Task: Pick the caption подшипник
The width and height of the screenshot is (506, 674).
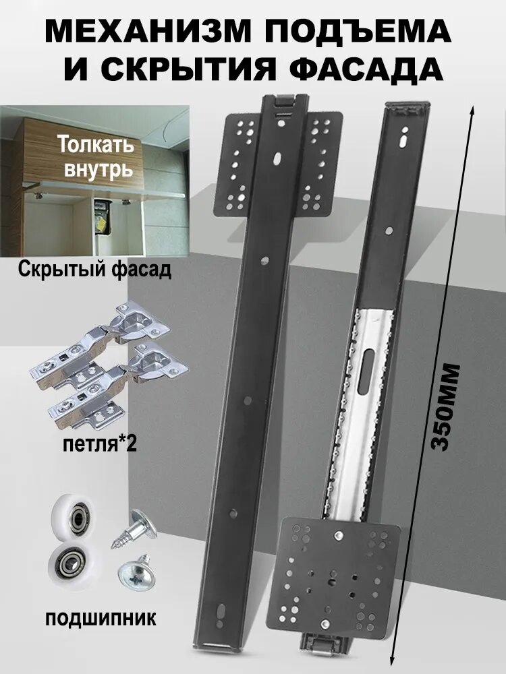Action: click(102, 617)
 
